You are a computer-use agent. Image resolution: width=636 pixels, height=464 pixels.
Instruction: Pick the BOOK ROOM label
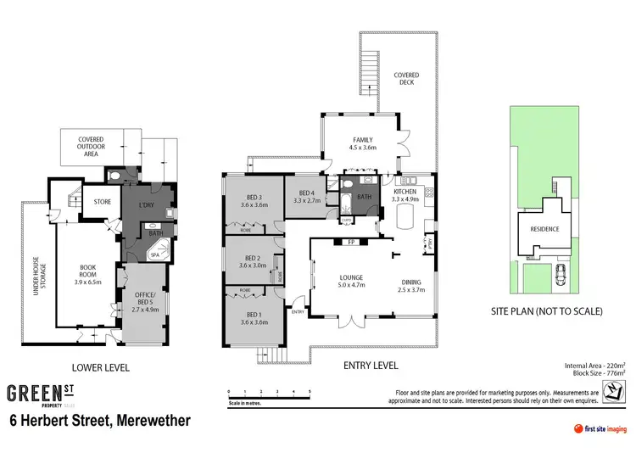pyautogui.click(x=87, y=272)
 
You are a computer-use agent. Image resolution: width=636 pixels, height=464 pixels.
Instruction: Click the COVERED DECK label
pyautogui.click(x=407, y=80)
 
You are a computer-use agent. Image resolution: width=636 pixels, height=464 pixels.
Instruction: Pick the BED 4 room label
pyautogui.click(x=306, y=197)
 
